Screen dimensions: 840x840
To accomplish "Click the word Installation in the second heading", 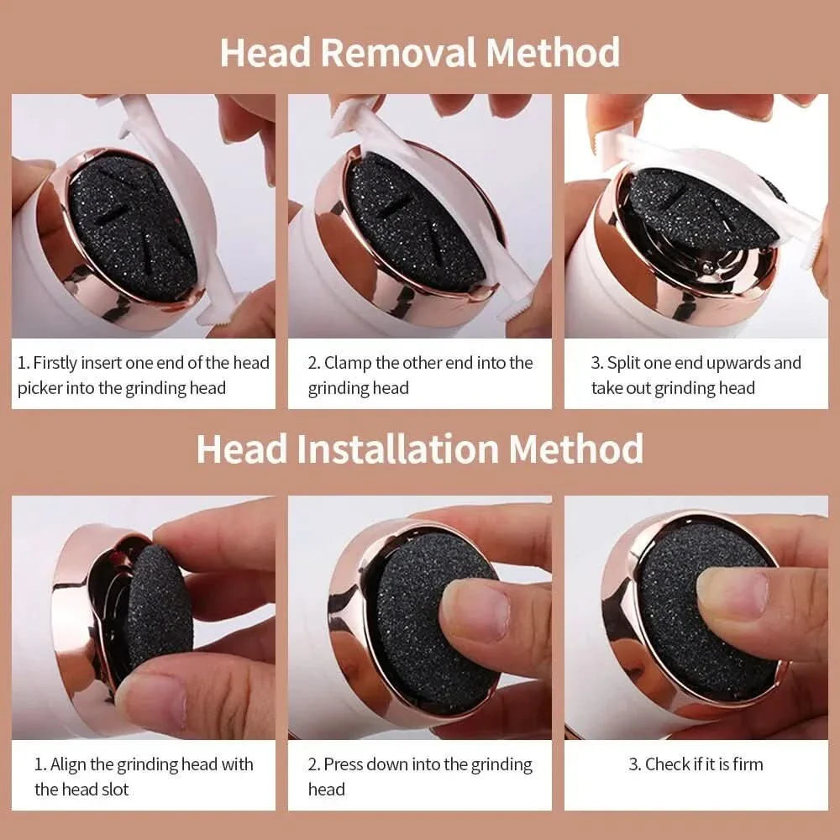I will pos(397,449).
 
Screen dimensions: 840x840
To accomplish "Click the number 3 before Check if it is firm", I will pos(634,764).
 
